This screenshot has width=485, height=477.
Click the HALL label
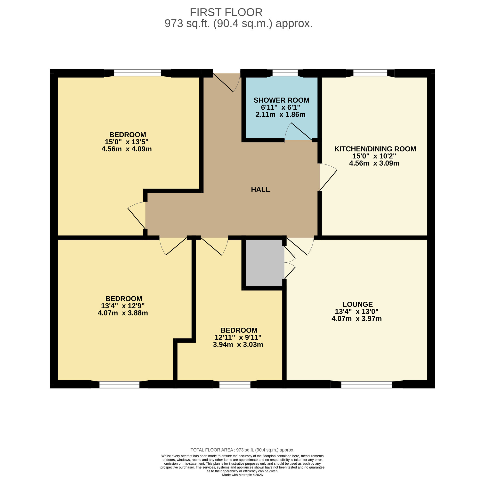tap(260, 189)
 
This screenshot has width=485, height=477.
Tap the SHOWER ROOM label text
tap(281, 100)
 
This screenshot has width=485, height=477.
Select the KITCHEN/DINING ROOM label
tap(375, 149)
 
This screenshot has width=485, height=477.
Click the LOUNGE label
tap(357, 304)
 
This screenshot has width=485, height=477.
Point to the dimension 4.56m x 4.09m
tap(127, 149)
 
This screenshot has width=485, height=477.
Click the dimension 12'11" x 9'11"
tap(238, 338)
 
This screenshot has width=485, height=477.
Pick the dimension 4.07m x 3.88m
tap(123, 313)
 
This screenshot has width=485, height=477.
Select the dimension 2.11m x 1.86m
tap(280, 115)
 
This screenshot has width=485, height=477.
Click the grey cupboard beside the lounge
tap(265, 263)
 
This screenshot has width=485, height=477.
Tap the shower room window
tap(285, 73)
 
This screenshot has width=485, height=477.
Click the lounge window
tap(366, 385)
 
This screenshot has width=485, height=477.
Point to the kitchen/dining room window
tap(370, 73)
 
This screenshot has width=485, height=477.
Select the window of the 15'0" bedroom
tap(137, 73)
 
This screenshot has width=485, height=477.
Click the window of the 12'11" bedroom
tap(235, 385)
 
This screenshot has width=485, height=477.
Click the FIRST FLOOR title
tap(226, 12)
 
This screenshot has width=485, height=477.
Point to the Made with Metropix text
tap(242, 475)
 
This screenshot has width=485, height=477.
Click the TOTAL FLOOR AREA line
tap(242, 450)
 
